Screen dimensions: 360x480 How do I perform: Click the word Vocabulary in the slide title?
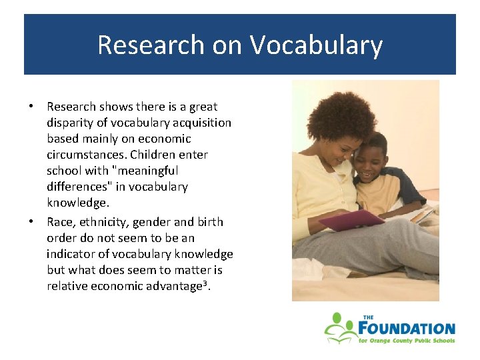(x=317, y=45)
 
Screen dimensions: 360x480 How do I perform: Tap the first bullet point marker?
(x=31, y=107)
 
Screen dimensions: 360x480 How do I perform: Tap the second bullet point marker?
(x=31, y=222)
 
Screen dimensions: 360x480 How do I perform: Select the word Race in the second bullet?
(x=59, y=222)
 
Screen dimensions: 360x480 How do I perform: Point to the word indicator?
(x=71, y=254)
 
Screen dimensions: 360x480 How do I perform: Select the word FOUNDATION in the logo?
(x=407, y=329)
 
